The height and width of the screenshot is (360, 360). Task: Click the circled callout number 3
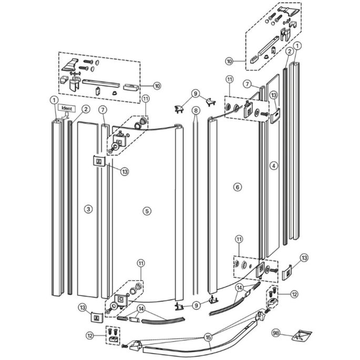[88, 209]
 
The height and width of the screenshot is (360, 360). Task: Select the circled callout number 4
[273, 165]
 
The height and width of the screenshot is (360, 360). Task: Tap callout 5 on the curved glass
[147, 210]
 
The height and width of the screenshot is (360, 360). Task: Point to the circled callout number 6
[237, 187]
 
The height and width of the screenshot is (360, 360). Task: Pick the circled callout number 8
[195, 111]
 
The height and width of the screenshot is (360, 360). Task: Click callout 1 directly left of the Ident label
[53, 99]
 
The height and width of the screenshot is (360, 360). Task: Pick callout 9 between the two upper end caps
[195, 95]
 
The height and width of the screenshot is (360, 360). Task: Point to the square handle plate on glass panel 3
[98, 160]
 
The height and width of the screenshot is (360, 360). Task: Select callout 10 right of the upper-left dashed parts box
[157, 85]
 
